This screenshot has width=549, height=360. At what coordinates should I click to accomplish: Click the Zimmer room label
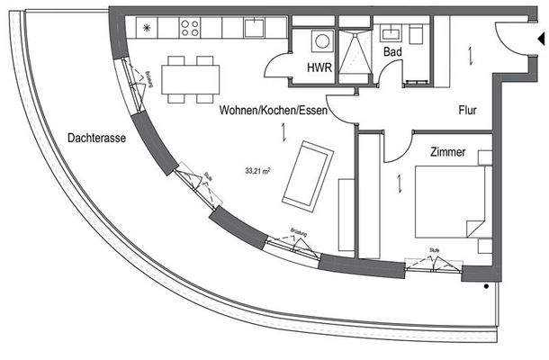click(447, 153)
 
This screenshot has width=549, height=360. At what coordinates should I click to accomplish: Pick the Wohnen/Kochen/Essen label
click(273, 110)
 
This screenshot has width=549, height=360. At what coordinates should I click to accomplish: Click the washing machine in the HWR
click(319, 41)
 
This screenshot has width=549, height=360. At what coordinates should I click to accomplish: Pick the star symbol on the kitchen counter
click(148, 28)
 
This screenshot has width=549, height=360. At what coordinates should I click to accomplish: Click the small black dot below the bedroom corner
click(487, 287)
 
